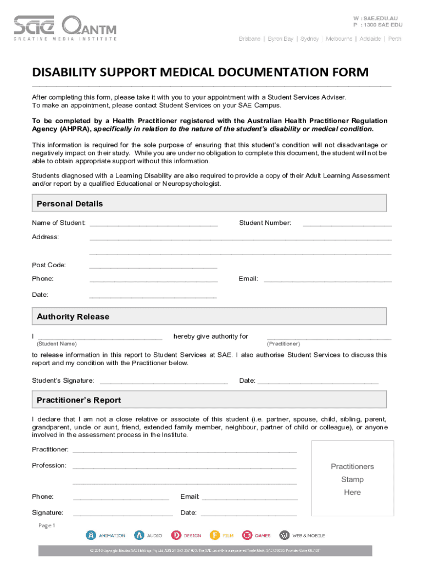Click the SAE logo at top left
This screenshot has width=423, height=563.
(x=34, y=25)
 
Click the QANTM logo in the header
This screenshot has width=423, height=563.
(x=89, y=25)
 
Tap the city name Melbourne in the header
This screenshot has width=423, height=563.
(x=339, y=39)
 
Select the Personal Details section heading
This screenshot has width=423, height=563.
(x=70, y=204)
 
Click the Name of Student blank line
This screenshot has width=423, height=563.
(x=153, y=224)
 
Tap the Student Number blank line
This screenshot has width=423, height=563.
(x=347, y=224)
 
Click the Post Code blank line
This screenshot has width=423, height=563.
(x=153, y=266)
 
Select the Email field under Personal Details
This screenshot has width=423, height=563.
(x=327, y=279)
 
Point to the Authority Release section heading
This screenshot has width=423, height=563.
(x=73, y=317)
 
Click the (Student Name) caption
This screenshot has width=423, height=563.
(x=57, y=344)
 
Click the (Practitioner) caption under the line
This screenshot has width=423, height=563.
(x=283, y=344)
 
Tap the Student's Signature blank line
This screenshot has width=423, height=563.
(x=163, y=381)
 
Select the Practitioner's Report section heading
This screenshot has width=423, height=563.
(x=79, y=400)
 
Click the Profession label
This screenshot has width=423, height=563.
(x=49, y=465)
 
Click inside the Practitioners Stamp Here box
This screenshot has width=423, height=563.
(x=352, y=479)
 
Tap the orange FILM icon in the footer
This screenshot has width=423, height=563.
(x=215, y=534)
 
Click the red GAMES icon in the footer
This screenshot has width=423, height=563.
(x=247, y=534)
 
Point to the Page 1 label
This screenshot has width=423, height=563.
(x=47, y=525)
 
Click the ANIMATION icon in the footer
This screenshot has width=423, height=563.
(x=91, y=534)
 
